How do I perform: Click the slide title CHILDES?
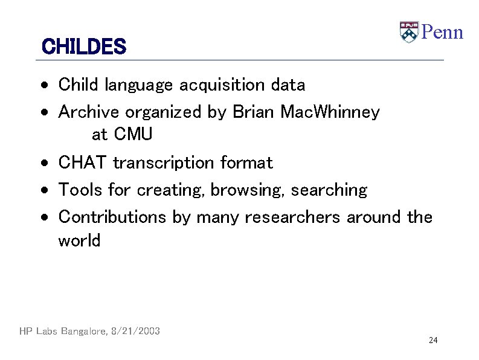83,47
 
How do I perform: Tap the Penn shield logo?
409,32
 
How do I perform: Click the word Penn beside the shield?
442,31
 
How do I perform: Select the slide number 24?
432,341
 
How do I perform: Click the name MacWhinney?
330,112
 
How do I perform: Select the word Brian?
253,112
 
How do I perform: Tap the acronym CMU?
133,134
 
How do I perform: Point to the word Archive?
89,112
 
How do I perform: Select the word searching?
329,190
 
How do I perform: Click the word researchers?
292,217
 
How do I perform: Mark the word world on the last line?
79,240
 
